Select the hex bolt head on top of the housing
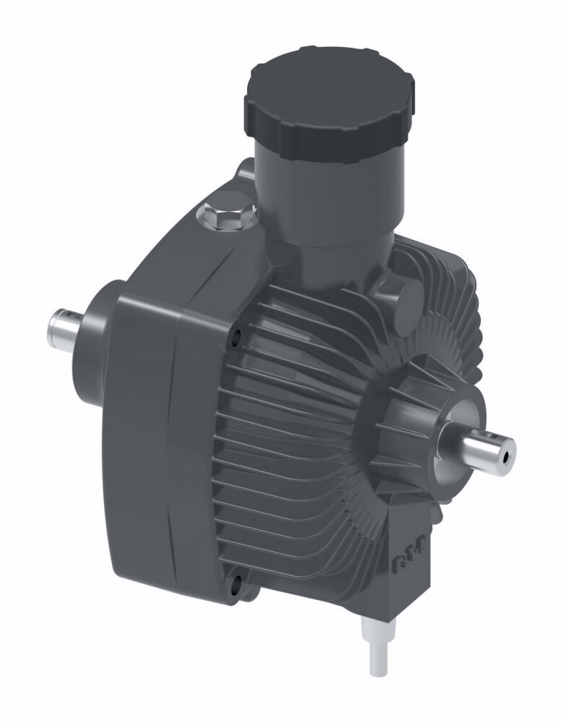pyautogui.click(x=226, y=214)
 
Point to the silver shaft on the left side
pyautogui.click(x=68, y=328)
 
